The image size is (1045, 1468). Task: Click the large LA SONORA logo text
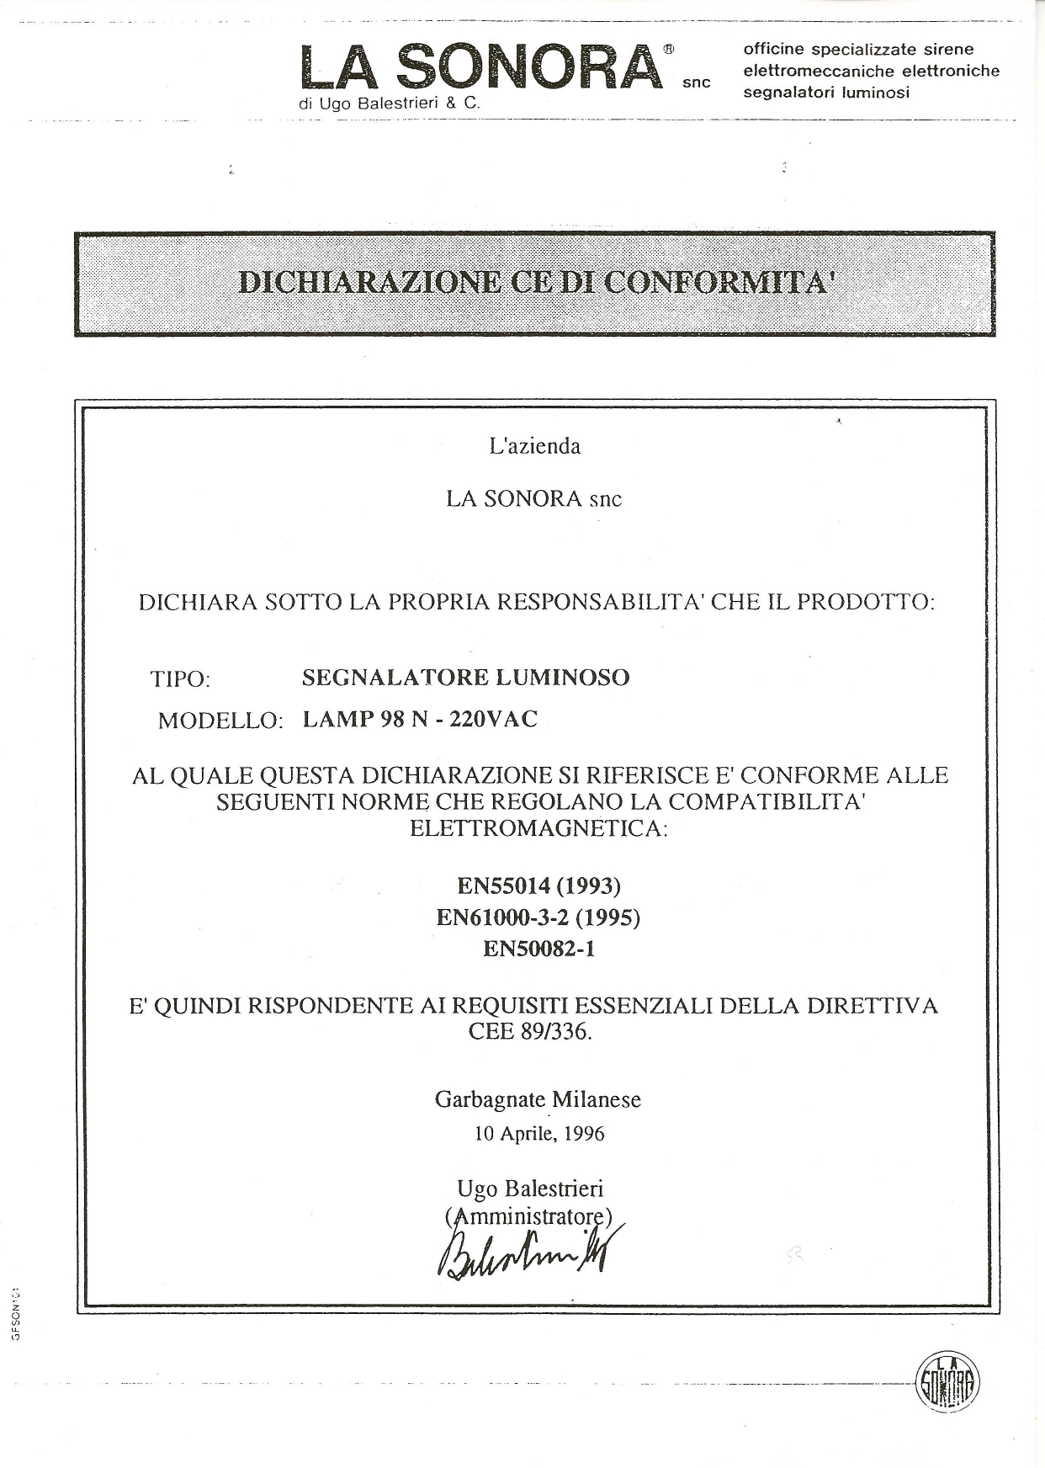(480, 67)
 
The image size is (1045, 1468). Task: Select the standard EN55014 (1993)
(538, 886)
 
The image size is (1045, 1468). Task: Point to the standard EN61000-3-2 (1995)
(538, 917)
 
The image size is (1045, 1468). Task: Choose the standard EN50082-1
(538, 949)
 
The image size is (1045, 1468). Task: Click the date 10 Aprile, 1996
(539, 1134)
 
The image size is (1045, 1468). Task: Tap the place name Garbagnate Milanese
(538, 1100)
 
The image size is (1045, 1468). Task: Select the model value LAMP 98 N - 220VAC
(419, 720)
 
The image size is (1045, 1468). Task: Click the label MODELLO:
(220, 721)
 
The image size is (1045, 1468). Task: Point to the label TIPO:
(180, 678)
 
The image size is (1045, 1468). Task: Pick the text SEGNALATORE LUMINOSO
(465, 678)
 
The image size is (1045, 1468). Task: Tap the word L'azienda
(535, 446)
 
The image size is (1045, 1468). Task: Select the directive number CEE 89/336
(530, 1031)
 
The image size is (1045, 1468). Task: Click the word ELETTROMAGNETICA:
(538, 828)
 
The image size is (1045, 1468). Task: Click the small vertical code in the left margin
(17, 1312)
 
